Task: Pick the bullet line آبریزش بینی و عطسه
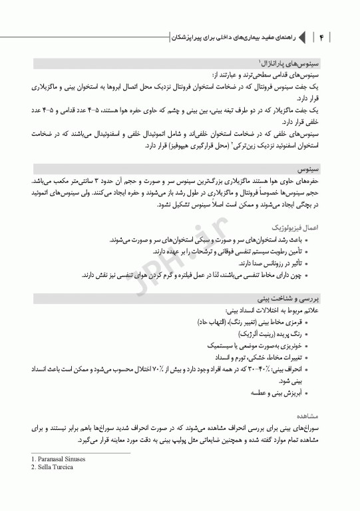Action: coord(273,393)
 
